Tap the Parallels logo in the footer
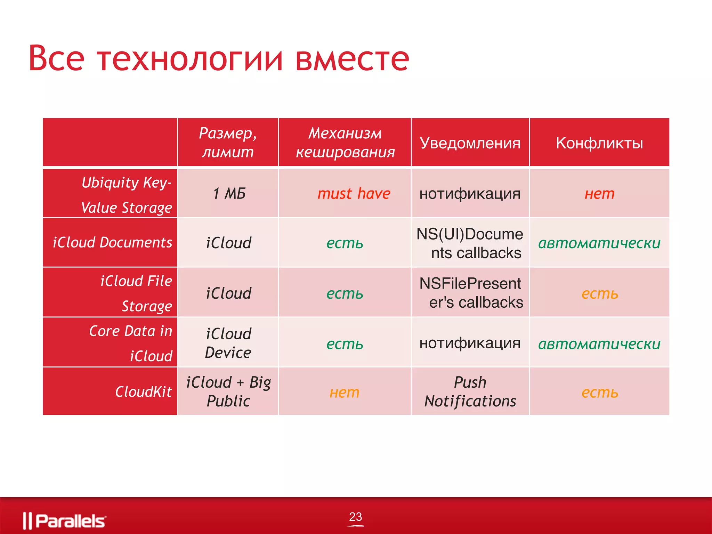65,520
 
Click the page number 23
355,517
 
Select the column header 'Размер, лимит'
228,143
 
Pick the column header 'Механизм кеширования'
345,143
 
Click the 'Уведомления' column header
470,143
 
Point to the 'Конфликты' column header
599,143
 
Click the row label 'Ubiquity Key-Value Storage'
127,195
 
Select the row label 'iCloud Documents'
112,242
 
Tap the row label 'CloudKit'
143,392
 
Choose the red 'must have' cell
354,194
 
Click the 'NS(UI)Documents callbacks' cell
470,243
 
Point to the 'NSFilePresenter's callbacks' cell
471,293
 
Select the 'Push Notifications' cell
470,391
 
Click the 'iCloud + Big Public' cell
228,391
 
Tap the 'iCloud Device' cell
228,343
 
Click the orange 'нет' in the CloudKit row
344,393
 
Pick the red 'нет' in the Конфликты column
599,194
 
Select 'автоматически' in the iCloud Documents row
599,243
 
